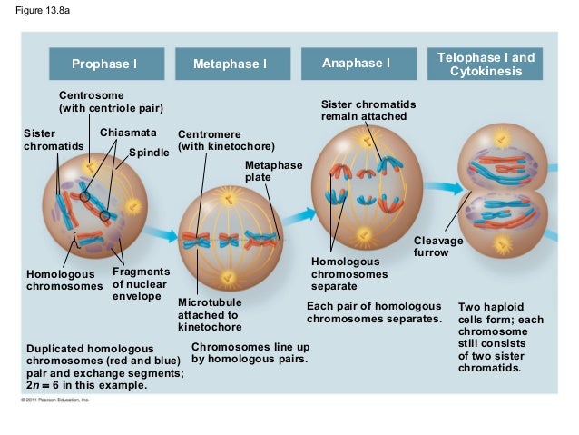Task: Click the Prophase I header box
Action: [x=105, y=64]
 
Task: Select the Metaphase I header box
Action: [x=230, y=64]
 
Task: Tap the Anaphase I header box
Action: [x=356, y=64]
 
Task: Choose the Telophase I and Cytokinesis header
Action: [x=486, y=64]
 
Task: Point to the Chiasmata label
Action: [x=122, y=133]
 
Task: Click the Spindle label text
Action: [x=149, y=152]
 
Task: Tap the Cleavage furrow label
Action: [x=438, y=247]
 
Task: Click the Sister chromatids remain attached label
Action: [x=364, y=110]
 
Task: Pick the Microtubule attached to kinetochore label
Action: [x=209, y=314]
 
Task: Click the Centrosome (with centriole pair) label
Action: [x=111, y=102]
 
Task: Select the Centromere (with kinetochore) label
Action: [x=226, y=139]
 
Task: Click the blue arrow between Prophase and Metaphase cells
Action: [x=162, y=234]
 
